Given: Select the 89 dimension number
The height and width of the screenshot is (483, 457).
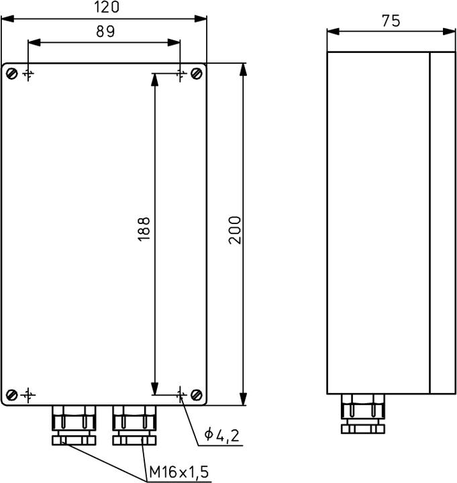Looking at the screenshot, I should pyautogui.click(x=105, y=32).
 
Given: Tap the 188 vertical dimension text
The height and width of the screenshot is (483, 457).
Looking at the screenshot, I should pyautogui.click(x=144, y=228).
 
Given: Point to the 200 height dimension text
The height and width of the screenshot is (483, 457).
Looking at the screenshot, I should pyautogui.click(x=234, y=229).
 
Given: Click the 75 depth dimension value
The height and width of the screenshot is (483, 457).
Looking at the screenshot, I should pyautogui.click(x=391, y=21).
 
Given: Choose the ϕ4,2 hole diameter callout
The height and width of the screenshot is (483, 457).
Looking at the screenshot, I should pyautogui.click(x=222, y=436).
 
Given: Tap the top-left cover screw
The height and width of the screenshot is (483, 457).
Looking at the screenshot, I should pyautogui.click(x=11, y=73).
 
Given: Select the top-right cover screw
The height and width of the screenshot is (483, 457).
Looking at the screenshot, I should pyautogui.click(x=196, y=73).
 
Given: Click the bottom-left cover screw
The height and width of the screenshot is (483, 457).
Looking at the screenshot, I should pyautogui.click(x=11, y=394).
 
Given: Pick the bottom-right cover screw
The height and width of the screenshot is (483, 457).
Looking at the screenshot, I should pyautogui.click(x=196, y=394).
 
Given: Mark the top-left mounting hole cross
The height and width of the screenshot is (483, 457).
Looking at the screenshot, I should pyautogui.click(x=28, y=73).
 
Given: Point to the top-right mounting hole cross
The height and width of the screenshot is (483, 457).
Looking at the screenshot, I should pyautogui.click(x=180, y=73).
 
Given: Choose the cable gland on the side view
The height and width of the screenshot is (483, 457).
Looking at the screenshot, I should pyautogui.click(x=363, y=413).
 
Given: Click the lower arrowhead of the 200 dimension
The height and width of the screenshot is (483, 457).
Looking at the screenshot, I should pyautogui.click(x=243, y=400).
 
